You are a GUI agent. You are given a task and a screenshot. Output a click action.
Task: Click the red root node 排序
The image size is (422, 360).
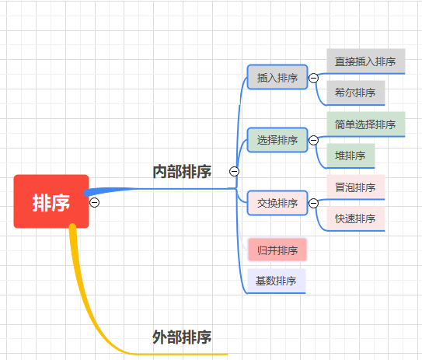click(x=51, y=202)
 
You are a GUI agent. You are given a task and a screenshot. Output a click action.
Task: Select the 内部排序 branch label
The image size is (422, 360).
click(x=182, y=172)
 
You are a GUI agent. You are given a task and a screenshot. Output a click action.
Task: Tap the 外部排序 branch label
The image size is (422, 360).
click(x=182, y=337)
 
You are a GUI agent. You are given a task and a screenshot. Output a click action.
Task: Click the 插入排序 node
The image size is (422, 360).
click(x=277, y=78)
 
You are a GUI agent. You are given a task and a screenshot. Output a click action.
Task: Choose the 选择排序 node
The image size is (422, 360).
click(x=277, y=141)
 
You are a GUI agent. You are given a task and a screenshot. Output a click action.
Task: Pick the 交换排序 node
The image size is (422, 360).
click(x=277, y=203)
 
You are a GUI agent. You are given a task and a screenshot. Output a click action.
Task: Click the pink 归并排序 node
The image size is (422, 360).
click(x=277, y=250)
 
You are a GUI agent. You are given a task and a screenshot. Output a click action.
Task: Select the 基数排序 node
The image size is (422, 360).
click(x=276, y=281)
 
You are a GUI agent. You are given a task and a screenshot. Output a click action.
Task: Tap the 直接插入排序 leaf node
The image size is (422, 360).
click(x=365, y=61)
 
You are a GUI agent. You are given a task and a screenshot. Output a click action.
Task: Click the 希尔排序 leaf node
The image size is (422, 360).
click(x=355, y=92)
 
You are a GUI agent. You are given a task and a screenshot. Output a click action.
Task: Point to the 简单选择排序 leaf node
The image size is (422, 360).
click(x=365, y=124)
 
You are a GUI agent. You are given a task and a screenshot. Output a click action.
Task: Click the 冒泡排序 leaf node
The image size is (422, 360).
click(x=355, y=187)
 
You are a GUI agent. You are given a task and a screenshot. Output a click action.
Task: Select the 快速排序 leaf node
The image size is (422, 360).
click(x=355, y=218)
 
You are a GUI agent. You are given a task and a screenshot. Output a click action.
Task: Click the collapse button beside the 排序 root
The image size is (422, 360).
click(x=95, y=202)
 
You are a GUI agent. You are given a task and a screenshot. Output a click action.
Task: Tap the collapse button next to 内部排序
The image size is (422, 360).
click(x=234, y=172)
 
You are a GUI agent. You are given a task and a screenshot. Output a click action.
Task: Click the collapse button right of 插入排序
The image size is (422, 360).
click(x=314, y=78)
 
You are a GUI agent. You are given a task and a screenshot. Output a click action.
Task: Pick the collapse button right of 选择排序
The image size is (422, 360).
click(x=314, y=141)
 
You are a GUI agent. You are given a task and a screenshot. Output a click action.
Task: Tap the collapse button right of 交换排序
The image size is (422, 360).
click(x=314, y=203)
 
